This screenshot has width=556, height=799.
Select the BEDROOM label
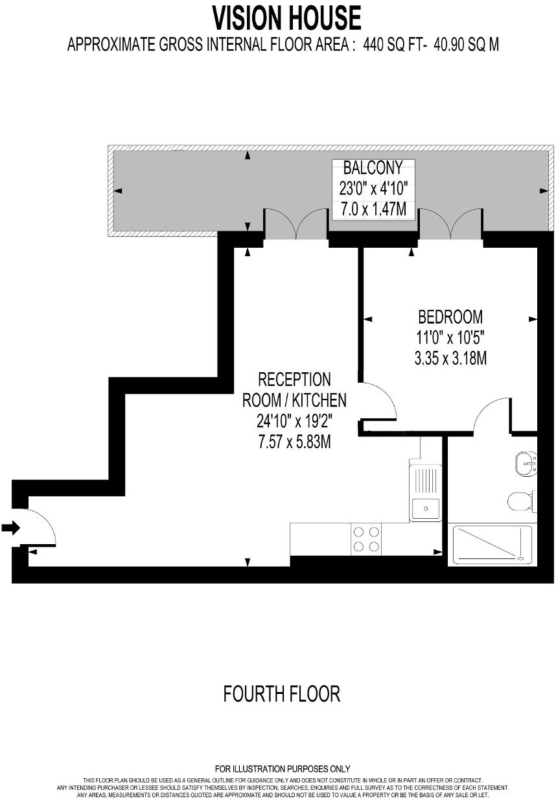(450, 317)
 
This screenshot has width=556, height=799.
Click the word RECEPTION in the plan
(294, 379)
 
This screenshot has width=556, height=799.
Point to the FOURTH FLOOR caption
(281, 694)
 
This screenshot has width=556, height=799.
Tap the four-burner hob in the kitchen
(365, 539)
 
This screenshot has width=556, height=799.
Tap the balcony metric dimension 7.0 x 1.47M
(373, 209)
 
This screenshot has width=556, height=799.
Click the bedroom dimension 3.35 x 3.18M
(450, 357)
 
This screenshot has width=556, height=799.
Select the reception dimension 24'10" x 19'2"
(294, 421)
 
